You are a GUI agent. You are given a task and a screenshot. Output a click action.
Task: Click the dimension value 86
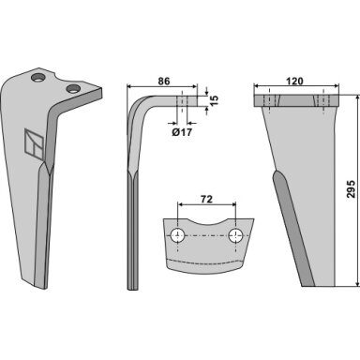pos(163,81)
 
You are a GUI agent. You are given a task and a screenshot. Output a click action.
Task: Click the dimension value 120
pos(294,81)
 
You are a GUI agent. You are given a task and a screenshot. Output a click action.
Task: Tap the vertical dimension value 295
pos(352,188)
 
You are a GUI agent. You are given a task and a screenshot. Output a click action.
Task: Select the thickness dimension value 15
pos(215,100)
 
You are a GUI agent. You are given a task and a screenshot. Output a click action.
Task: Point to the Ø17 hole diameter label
pos(182,132)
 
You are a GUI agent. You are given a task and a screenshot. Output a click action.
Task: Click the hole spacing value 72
pos(206,199)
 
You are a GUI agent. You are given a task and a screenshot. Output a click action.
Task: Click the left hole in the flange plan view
pos(177,235)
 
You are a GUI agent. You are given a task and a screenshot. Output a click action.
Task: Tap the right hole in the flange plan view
pos(235,235)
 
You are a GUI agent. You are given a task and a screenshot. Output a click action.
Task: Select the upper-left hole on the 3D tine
pos(38,78)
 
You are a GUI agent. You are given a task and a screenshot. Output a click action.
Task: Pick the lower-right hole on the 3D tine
pos(73,89)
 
